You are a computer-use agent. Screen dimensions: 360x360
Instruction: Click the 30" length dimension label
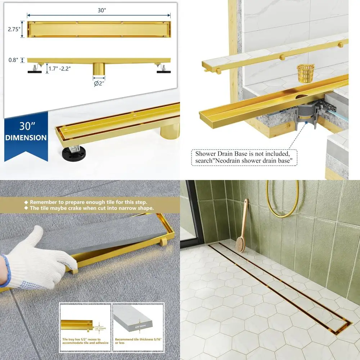pyautogui.click(x=102, y=10)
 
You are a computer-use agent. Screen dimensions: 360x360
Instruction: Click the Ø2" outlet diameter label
pyautogui.click(x=99, y=84)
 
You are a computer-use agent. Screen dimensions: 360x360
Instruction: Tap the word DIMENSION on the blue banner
pyautogui.click(x=26, y=138)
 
